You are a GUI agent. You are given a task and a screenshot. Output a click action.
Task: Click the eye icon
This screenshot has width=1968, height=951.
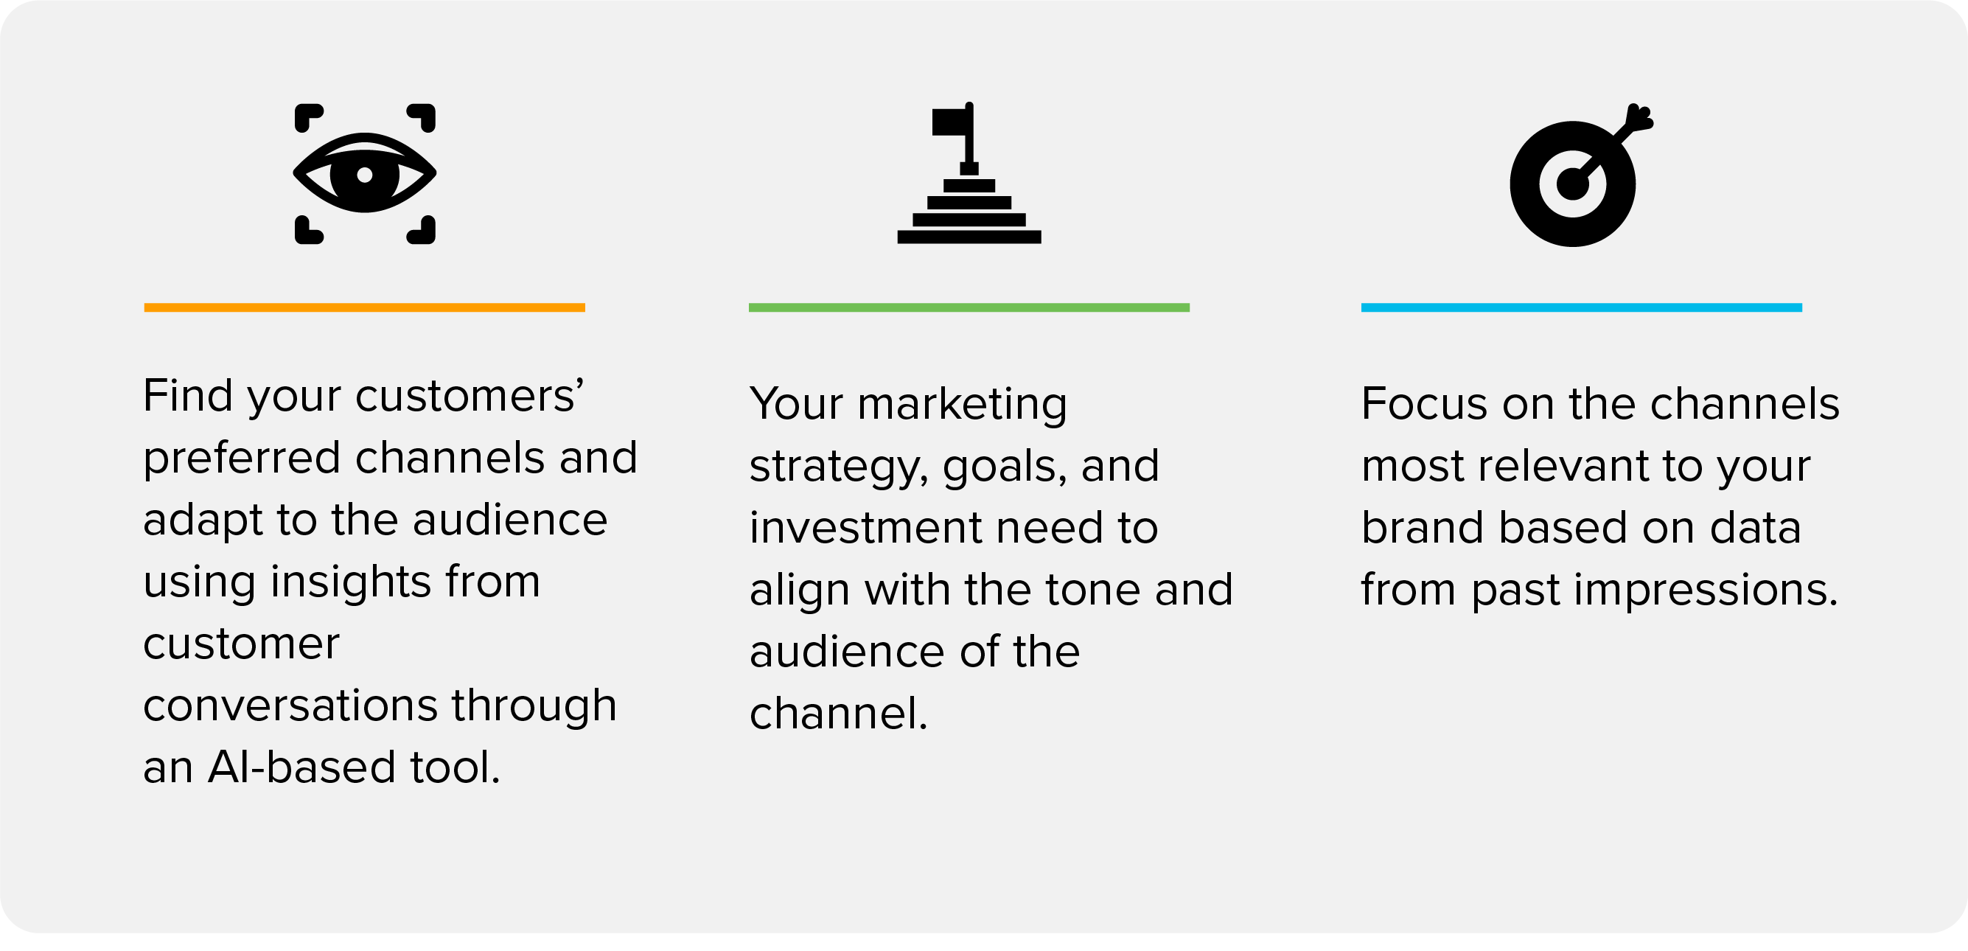[x=364, y=174]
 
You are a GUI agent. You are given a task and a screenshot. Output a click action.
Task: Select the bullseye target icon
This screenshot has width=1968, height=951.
[x=1580, y=175]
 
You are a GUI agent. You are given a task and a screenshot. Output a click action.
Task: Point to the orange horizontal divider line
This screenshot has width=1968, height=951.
[x=364, y=308]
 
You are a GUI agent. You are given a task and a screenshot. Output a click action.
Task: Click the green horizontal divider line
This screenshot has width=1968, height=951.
[x=969, y=308]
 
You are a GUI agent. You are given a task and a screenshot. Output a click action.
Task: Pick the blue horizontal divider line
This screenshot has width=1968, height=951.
[x=1582, y=308]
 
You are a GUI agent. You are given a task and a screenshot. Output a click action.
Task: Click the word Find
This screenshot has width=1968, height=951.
[x=188, y=396]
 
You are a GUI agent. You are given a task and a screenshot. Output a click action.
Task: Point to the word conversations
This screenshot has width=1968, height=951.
[x=290, y=705]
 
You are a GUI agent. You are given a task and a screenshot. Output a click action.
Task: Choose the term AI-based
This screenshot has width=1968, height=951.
[x=301, y=767]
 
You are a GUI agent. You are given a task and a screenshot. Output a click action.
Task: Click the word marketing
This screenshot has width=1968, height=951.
[x=962, y=405]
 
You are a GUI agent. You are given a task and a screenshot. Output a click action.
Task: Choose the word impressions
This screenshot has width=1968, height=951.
[x=1655, y=591]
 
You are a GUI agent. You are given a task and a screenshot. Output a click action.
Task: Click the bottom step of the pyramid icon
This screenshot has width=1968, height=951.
[x=969, y=237]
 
